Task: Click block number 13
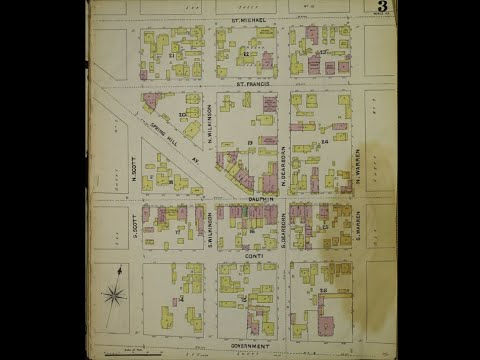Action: pyautogui.click(x=247, y=145)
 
